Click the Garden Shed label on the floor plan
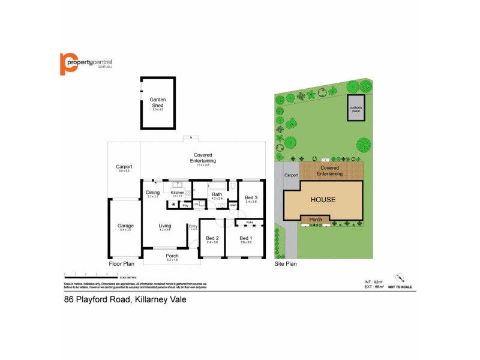point(157,102)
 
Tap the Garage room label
point(125,226)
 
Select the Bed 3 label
point(251,198)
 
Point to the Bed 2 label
point(212,239)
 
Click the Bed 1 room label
point(246,239)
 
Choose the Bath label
point(217,194)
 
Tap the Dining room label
point(153,193)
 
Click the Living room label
point(165,226)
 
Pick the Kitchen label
point(178,192)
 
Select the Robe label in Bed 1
point(249,223)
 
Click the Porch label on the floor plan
point(172,256)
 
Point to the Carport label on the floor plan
point(124,167)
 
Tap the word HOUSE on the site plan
point(323,200)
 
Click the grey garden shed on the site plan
point(355,109)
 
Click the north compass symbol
point(400,277)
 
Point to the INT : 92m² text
point(373,281)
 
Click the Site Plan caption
point(286,263)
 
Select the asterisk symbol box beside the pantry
point(173,205)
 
